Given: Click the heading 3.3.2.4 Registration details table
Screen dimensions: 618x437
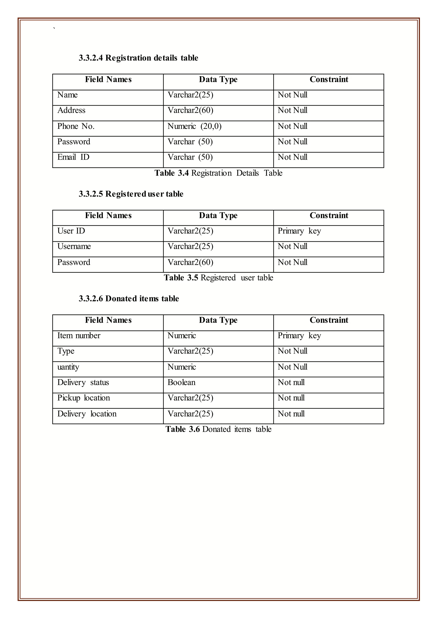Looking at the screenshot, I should pyautogui.click(x=138, y=58).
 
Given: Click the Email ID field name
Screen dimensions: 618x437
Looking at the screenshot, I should pyautogui.click(x=73, y=157).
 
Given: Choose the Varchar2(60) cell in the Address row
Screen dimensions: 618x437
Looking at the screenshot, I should pyautogui.click(x=190, y=110).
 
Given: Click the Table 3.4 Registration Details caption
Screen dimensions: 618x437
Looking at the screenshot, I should pyautogui.click(x=218, y=173).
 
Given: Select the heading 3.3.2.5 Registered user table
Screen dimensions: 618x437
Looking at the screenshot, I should pyautogui.click(x=131, y=194).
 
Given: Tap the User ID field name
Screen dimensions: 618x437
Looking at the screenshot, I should pyautogui.click(x=71, y=231).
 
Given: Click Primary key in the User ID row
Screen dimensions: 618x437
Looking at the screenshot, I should pyautogui.click(x=299, y=231).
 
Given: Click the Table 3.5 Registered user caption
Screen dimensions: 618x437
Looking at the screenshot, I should pyautogui.click(x=218, y=278).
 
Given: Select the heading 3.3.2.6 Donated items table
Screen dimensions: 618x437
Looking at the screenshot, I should pyautogui.click(x=129, y=299).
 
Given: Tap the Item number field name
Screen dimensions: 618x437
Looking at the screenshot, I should pyautogui.click(x=79, y=336).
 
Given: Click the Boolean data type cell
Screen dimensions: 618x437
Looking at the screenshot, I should pyautogui.click(x=181, y=382).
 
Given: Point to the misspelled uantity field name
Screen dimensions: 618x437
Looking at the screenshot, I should pyautogui.click(x=68, y=367).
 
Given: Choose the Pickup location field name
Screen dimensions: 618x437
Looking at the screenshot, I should pyautogui.click(x=83, y=398).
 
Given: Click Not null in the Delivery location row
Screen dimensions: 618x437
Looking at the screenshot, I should pyautogui.click(x=291, y=414).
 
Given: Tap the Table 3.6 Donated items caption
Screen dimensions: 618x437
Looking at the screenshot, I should pyautogui.click(x=218, y=429).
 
